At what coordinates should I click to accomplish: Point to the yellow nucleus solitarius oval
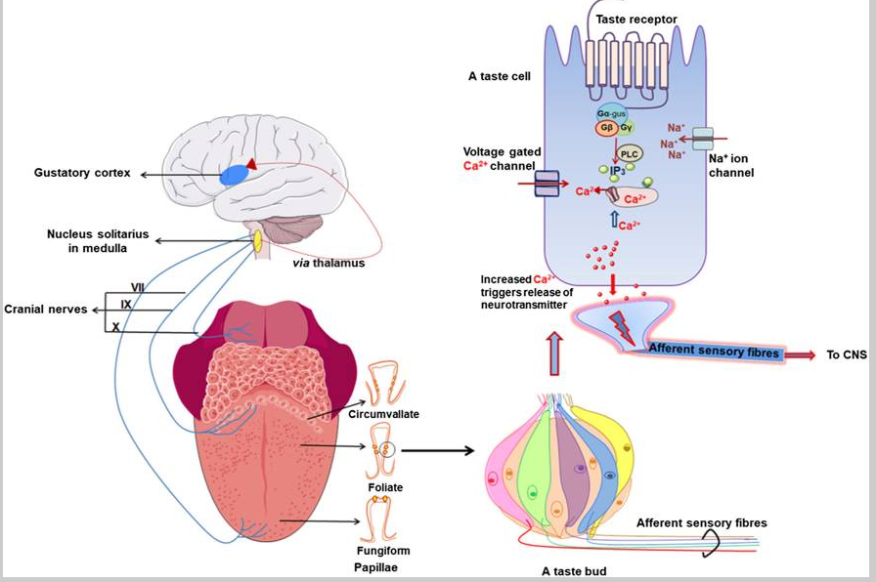[258, 239]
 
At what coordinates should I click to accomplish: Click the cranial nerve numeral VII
[138, 286]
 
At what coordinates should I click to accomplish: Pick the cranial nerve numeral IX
[126, 305]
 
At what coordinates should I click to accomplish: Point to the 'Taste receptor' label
[636, 19]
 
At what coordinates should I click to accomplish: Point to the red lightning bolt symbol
[622, 324]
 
